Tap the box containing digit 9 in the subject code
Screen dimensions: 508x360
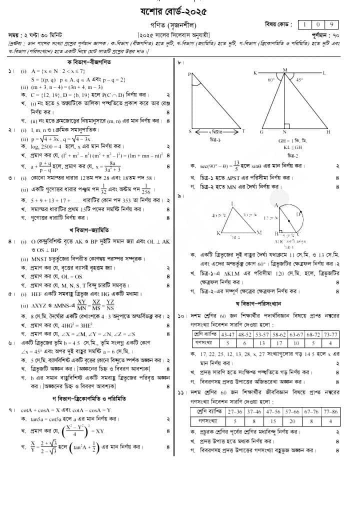pyautogui.click(x=331, y=24)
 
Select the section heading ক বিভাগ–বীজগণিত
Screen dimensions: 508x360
pyautogui.click(x=88, y=61)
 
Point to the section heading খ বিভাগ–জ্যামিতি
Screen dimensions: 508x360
pyautogui.click(x=88, y=230)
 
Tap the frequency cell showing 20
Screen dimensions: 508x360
pyautogui.click(x=291, y=421)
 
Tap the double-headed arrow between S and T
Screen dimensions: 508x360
pyautogui.click(x=215, y=131)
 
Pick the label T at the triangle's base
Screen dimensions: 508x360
pyautogui.click(x=243, y=130)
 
